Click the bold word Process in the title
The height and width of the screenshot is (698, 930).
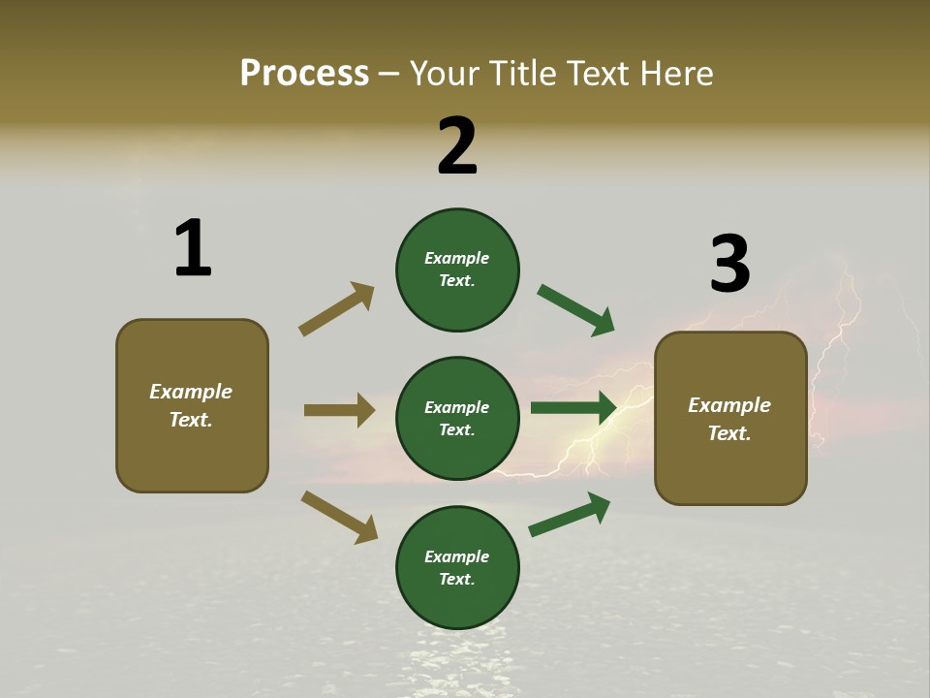[x=304, y=73]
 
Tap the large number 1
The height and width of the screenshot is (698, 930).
[x=193, y=248]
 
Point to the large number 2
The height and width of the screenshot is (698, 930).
[x=457, y=146]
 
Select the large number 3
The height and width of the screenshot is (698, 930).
[x=729, y=265]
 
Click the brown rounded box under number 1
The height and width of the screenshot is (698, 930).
[x=192, y=405]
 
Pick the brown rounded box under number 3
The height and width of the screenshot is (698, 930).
[x=730, y=418]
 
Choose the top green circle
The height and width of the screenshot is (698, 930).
[x=457, y=270]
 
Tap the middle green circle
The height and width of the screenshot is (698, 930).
[x=457, y=418]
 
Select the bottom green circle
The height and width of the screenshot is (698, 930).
[x=457, y=567]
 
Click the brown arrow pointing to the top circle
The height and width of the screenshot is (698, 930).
[x=336, y=309]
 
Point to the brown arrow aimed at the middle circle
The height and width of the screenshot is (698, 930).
[x=339, y=410]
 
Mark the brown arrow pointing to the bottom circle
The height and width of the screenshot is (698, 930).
[x=339, y=517]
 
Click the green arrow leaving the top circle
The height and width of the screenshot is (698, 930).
[x=575, y=309]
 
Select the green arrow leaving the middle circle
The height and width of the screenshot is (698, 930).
[x=573, y=408]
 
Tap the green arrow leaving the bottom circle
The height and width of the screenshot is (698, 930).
[x=570, y=514]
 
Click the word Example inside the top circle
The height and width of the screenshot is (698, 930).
[x=457, y=258]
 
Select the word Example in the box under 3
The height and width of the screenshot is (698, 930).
[x=729, y=405]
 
